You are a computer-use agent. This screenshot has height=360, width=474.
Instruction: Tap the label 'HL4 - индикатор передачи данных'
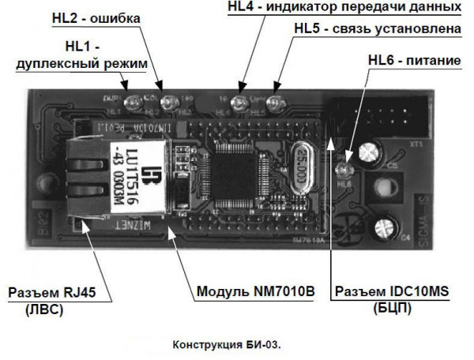pyautogui.click(x=343, y=7)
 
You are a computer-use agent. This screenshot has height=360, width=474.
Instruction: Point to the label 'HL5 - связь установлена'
pyautogui.click(x=376, y=29)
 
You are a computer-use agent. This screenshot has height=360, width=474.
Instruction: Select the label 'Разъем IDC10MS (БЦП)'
pyautogui.click(x=389, y=298)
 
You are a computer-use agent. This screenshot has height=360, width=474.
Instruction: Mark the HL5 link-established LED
pyautogui.click(x=273, y=102)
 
